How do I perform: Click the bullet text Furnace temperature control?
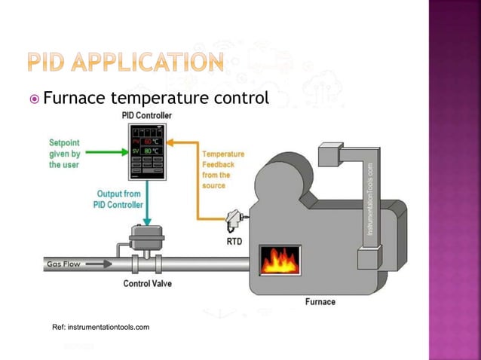[x=155, y=99]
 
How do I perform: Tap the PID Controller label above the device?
[x=146, y=115]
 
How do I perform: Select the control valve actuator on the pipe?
[x=146, y=237]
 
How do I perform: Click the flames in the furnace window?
[x=280, y=261]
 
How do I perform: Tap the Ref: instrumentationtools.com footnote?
[x=100, y=327]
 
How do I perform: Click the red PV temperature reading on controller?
[x=147, y=141]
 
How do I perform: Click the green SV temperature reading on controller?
[x=147, y=151]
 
